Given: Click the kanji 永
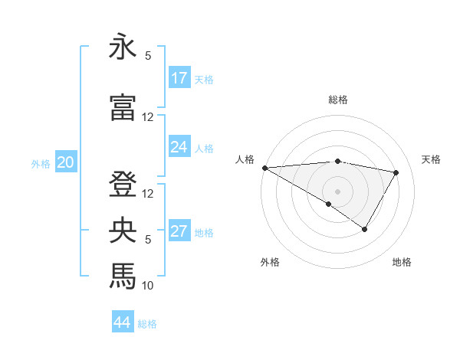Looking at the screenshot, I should click(x=123, y=47).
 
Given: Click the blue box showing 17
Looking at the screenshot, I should click(x=179, y=78).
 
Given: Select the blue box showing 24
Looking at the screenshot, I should click(x=179, y=147).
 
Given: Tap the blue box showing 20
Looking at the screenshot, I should click(x=66, y=162).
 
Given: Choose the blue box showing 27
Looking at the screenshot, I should click(x=179, y=231).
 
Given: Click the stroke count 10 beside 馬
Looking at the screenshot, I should click(x=148, y=286).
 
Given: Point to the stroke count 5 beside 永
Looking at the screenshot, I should click(x=148, y=56).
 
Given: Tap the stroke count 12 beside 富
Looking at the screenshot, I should click(x=148, y=117).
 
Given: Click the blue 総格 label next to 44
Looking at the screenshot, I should click(x=147, y=324).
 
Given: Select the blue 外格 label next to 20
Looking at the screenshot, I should click(x=41, y=163).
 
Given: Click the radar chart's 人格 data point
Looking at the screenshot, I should click(x=264, y=168).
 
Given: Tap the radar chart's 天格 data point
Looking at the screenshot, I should click(x=396, y=172).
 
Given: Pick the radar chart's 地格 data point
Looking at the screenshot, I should click(x=365, y=229).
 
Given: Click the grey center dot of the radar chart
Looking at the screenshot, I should click(x=337, y=190).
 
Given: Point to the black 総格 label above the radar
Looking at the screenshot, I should click(x=337, y=100).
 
